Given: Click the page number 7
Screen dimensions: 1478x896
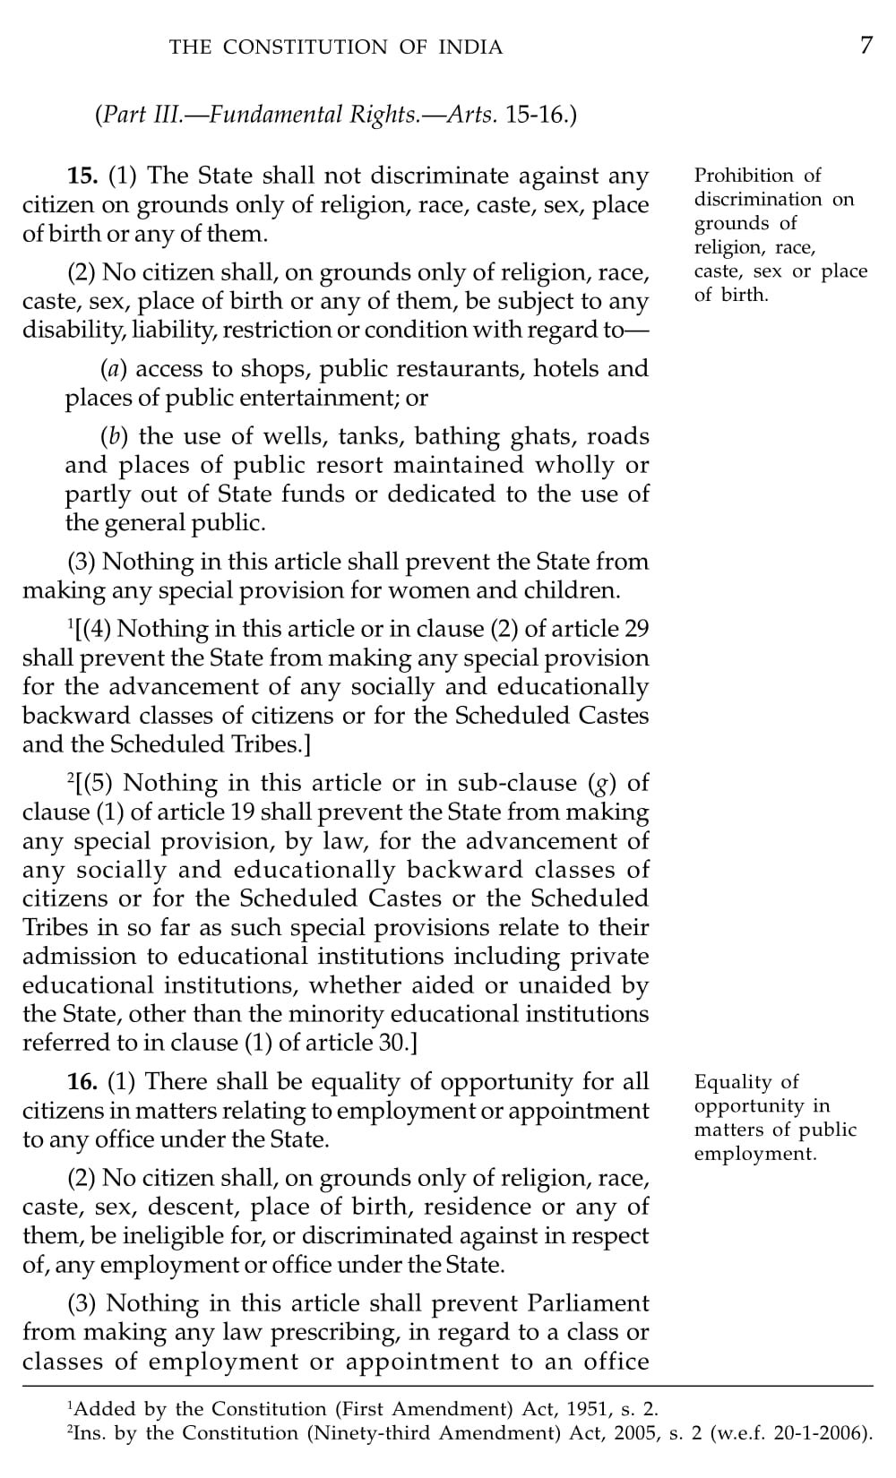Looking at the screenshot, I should (x=866, y=46).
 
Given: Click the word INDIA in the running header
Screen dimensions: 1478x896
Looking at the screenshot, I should (x=470, y=47).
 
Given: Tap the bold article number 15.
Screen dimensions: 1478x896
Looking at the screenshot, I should (x=83, y=176).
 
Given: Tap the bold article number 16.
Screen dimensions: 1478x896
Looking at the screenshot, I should (x=82, y=1082).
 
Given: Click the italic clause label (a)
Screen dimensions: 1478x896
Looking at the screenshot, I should (x=113, y=369).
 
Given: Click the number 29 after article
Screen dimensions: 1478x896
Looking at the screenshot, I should (x=636, y=629).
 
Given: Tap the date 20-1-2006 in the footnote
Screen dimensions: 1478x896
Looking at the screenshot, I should (x=820, y=1433).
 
